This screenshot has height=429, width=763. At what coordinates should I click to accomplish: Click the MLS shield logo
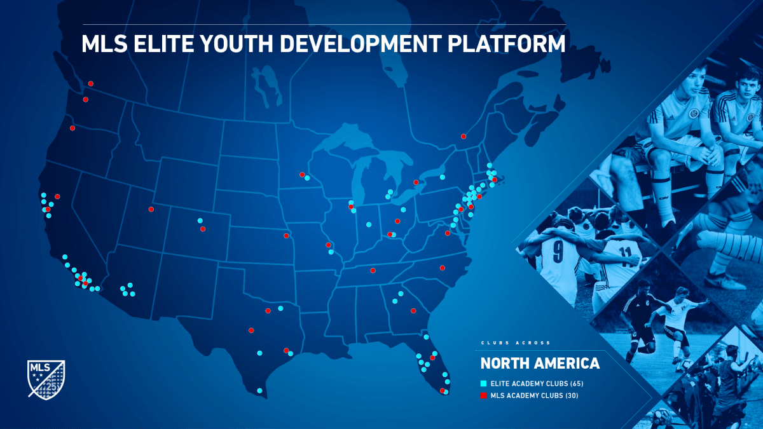[x=46, y=379]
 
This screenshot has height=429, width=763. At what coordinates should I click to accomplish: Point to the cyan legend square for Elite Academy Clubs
[x=483, y=384]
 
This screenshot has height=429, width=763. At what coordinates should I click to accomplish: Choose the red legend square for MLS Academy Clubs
[x=483, y=396]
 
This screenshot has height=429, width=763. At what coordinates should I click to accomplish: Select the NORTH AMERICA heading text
[x=540, y=364]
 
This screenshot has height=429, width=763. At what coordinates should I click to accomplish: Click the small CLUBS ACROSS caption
[x=515, y=343]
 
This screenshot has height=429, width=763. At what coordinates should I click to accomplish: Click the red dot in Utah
[x=151, y=209]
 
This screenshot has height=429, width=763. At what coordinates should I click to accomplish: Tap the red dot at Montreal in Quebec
[x=464, y=136]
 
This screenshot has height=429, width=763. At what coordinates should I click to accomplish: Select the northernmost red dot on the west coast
[x=91, y=83]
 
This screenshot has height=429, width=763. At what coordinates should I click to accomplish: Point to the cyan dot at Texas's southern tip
[x=259, y=390]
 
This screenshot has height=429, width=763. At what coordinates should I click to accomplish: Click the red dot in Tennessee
[x=373, y=270]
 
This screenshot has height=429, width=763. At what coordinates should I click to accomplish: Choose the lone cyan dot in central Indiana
[x=368, y=224]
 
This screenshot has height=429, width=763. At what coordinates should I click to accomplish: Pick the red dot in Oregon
[x=72, y=128]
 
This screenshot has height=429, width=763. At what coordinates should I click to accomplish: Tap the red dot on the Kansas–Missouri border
[x=286, y=236]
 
